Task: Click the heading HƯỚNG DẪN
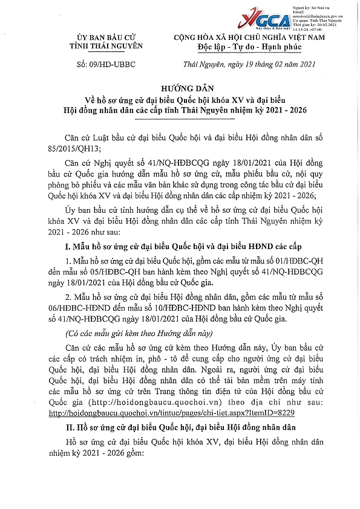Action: click(x=180, y=88)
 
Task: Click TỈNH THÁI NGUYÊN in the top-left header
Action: click(x=105, y=47)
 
